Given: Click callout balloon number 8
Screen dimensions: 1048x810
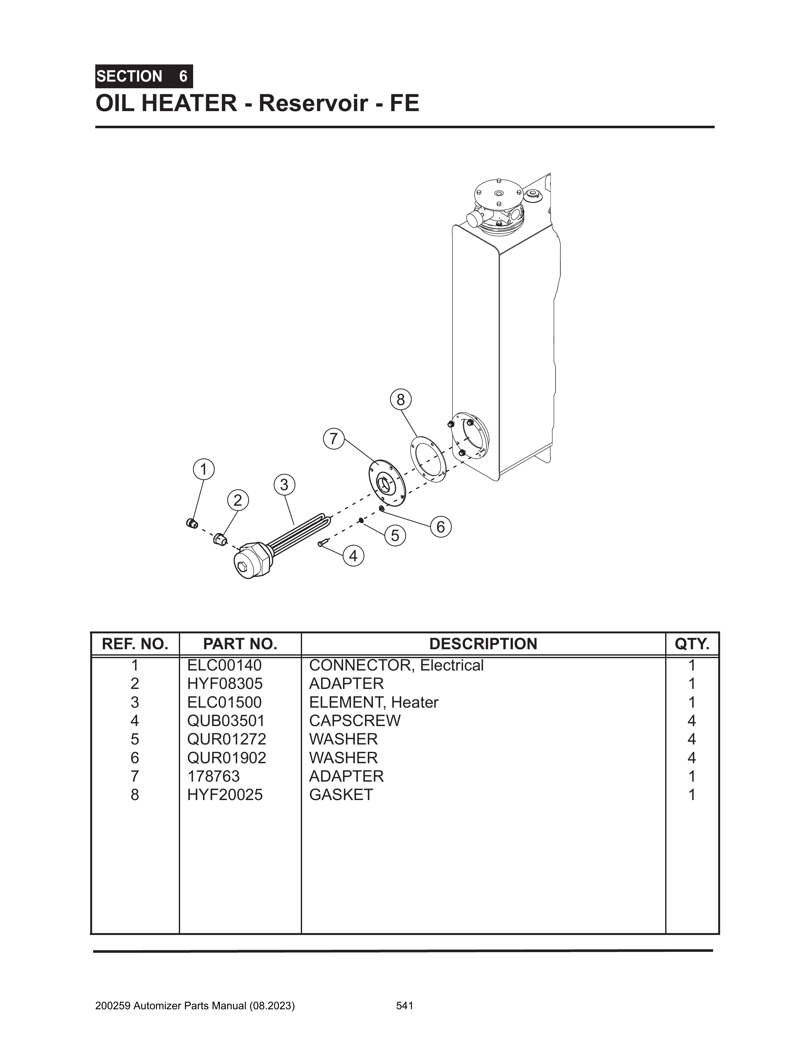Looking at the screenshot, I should pos(401,399).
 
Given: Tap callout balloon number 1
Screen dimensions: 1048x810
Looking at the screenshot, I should pos(204,469).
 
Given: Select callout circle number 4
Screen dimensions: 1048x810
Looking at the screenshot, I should pos(354,556).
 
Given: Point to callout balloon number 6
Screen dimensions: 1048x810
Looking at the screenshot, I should pos(440,527).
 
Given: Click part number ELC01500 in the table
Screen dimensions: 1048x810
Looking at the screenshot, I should pos(224,703).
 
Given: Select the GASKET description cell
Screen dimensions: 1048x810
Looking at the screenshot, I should pos(341,795).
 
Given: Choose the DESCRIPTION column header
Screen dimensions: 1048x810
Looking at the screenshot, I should pos(483,644).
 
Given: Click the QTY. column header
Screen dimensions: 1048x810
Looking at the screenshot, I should pos(692,644).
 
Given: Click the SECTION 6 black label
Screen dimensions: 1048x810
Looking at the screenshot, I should pos(144,76).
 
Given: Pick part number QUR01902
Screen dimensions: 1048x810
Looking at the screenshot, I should pos(226,758).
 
